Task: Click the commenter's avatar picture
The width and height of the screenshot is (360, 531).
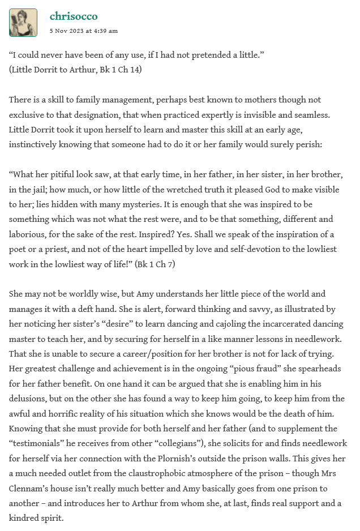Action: tap(23, 23)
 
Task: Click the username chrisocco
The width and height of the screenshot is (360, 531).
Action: tap(74, 16)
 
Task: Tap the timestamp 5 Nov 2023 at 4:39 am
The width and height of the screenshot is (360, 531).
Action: tap(84, 31)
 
